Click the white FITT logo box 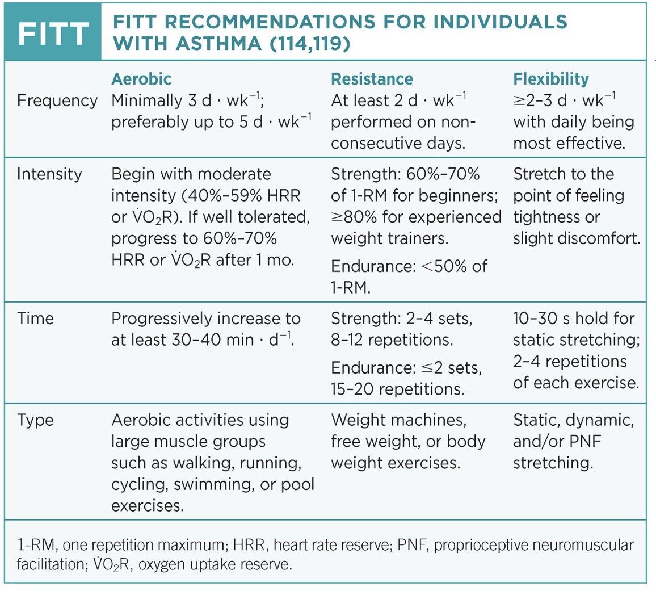point(52,33)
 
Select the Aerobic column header point(141,79)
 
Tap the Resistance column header point(372,79)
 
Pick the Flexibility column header point(551,79)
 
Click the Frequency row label point(57,100)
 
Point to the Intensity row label point(49,174)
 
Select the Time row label point(35,318)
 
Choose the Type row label point(35,420)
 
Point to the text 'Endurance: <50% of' point(409,266)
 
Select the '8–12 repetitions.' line point(392,340)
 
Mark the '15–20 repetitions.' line point(397,389)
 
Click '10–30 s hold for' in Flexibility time point(574,318)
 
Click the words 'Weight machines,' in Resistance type point(399,420)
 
